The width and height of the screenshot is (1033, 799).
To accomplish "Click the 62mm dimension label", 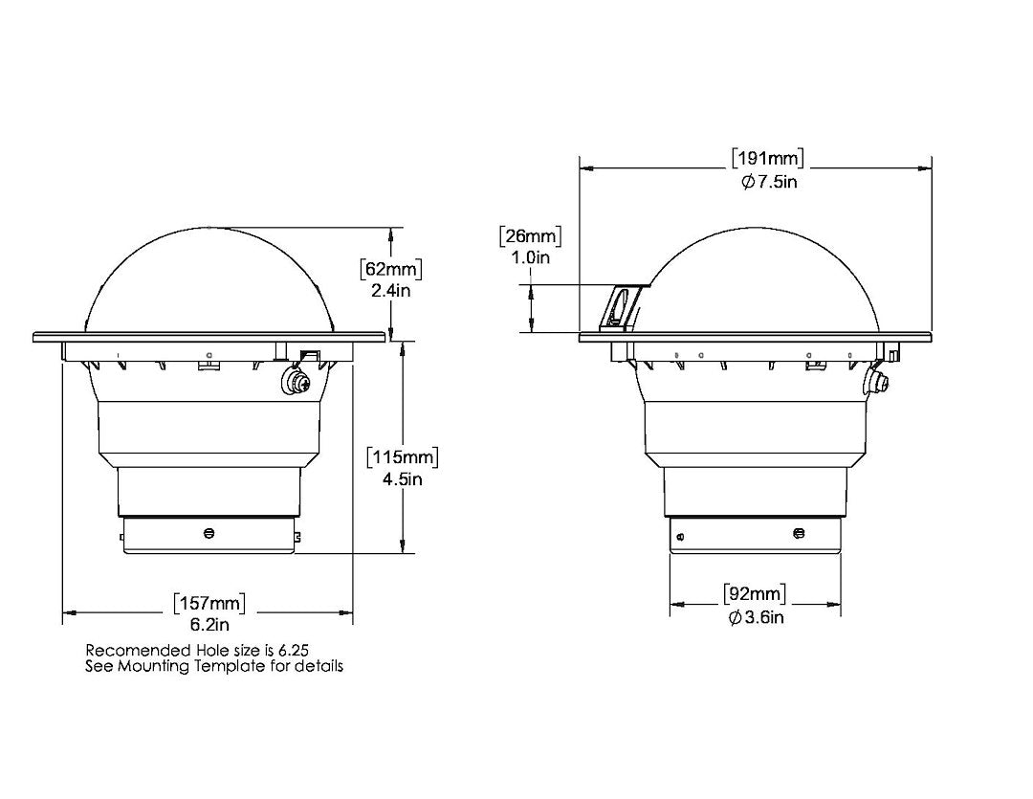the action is coord(391,269).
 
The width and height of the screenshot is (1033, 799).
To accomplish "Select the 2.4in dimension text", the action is coord(390,290).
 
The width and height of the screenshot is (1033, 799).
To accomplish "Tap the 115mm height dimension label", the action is coord(403,457).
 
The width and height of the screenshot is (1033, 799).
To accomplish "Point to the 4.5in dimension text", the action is coord(403,479).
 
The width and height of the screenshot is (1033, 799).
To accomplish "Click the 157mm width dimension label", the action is coord(209,603).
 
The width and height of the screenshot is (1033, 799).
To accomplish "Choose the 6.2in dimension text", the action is coord(209,624).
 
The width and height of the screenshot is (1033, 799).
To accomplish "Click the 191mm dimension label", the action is coord(768,159).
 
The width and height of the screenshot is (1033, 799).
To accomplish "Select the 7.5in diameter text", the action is coord(769,182).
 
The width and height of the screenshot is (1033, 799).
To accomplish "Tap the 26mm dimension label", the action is coord(530,236).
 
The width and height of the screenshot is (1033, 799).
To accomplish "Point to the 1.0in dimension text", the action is coord(530,257).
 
